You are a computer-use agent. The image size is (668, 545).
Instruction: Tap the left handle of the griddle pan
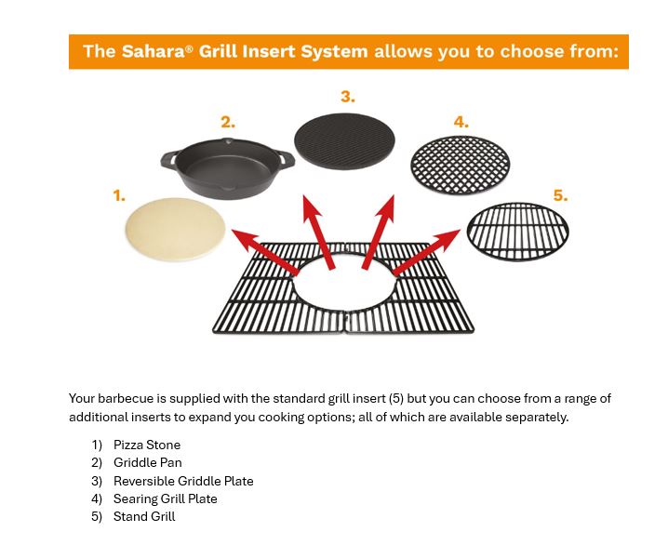169,160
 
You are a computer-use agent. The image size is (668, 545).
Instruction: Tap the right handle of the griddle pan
285,159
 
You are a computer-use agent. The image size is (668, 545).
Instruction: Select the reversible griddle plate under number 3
344,142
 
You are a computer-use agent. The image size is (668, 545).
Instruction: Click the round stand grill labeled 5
517,232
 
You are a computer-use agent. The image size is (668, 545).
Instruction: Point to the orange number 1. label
119,195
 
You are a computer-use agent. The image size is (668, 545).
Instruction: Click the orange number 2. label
228,122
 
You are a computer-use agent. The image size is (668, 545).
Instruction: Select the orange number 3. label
347,96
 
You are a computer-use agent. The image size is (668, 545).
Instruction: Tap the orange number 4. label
461,122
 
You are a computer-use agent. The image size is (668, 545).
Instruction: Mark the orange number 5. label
560,195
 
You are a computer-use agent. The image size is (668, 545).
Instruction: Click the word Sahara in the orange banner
153,51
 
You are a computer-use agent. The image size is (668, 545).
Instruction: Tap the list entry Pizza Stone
147,445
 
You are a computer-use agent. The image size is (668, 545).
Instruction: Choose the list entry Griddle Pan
148,462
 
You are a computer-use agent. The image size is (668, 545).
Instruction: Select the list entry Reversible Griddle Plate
183,481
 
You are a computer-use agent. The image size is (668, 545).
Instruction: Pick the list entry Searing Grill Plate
166,498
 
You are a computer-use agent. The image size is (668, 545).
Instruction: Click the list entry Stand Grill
144,516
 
